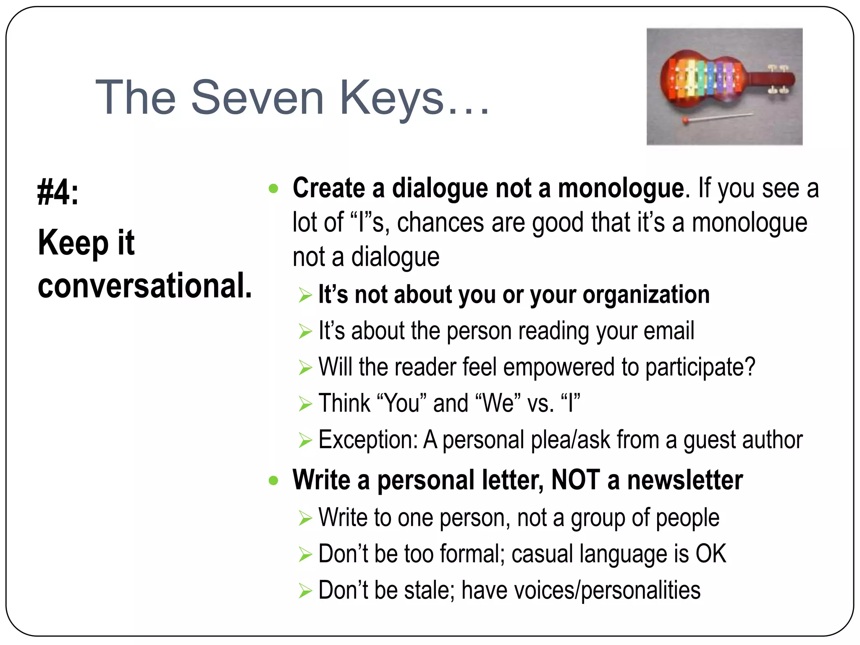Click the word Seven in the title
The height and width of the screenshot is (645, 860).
point(257,98)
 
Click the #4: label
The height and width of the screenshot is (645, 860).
point(58,192)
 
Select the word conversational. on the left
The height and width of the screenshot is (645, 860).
point(145,286)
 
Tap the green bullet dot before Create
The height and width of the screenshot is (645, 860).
point(273,189)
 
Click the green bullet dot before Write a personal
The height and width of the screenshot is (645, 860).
point(273,480)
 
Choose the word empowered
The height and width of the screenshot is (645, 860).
point(558,367)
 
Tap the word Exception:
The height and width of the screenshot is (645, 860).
point(368,440)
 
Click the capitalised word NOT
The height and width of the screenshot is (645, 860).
point(575,480)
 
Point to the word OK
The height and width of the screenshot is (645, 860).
point(711,554)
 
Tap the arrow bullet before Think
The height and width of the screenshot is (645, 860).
point(305,404)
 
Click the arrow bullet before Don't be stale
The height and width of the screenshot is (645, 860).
point(305,591)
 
